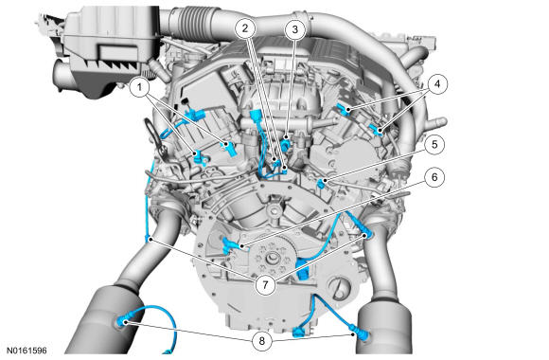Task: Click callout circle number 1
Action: [x=140, y=86]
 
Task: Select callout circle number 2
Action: [x=245, y=28]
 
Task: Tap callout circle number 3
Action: [x=295, y=29]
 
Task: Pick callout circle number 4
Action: [x=436, y=83]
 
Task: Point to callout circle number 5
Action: [x=434, y=144]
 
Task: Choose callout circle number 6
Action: [x=434, y=176]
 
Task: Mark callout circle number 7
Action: [x=265, y=284]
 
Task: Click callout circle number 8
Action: [x=262, y=340]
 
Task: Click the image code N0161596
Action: [x=27, y=351]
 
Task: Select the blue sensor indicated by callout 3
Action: [x=287, y=143]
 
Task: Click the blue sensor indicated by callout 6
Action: [x=230, y=244]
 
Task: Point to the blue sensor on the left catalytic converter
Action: [x=122, y=321]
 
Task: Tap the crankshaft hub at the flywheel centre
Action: [x=273, y=259]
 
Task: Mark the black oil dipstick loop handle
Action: [x=157, y=136]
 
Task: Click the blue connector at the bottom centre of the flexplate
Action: [x=300, y=332]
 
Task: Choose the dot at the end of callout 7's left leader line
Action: [x=151, y=240]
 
